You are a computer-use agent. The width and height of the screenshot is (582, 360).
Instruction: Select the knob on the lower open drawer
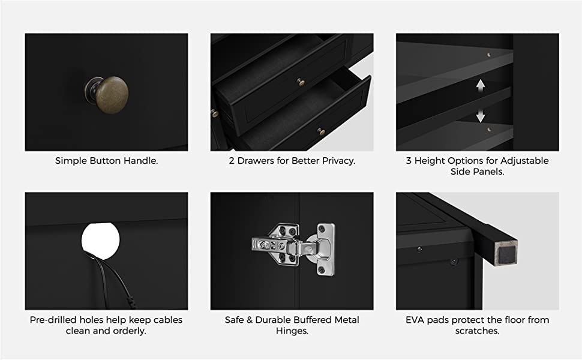[321, 131]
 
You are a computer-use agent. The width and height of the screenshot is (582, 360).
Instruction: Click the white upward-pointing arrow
[480, 85]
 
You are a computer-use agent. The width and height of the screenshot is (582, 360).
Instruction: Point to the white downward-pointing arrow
[480, 116]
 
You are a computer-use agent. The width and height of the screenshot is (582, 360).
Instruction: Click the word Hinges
[292, 331]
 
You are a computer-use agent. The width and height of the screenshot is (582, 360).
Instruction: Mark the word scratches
[478, 331]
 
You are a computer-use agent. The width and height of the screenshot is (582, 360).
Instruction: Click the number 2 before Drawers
[232, 161]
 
